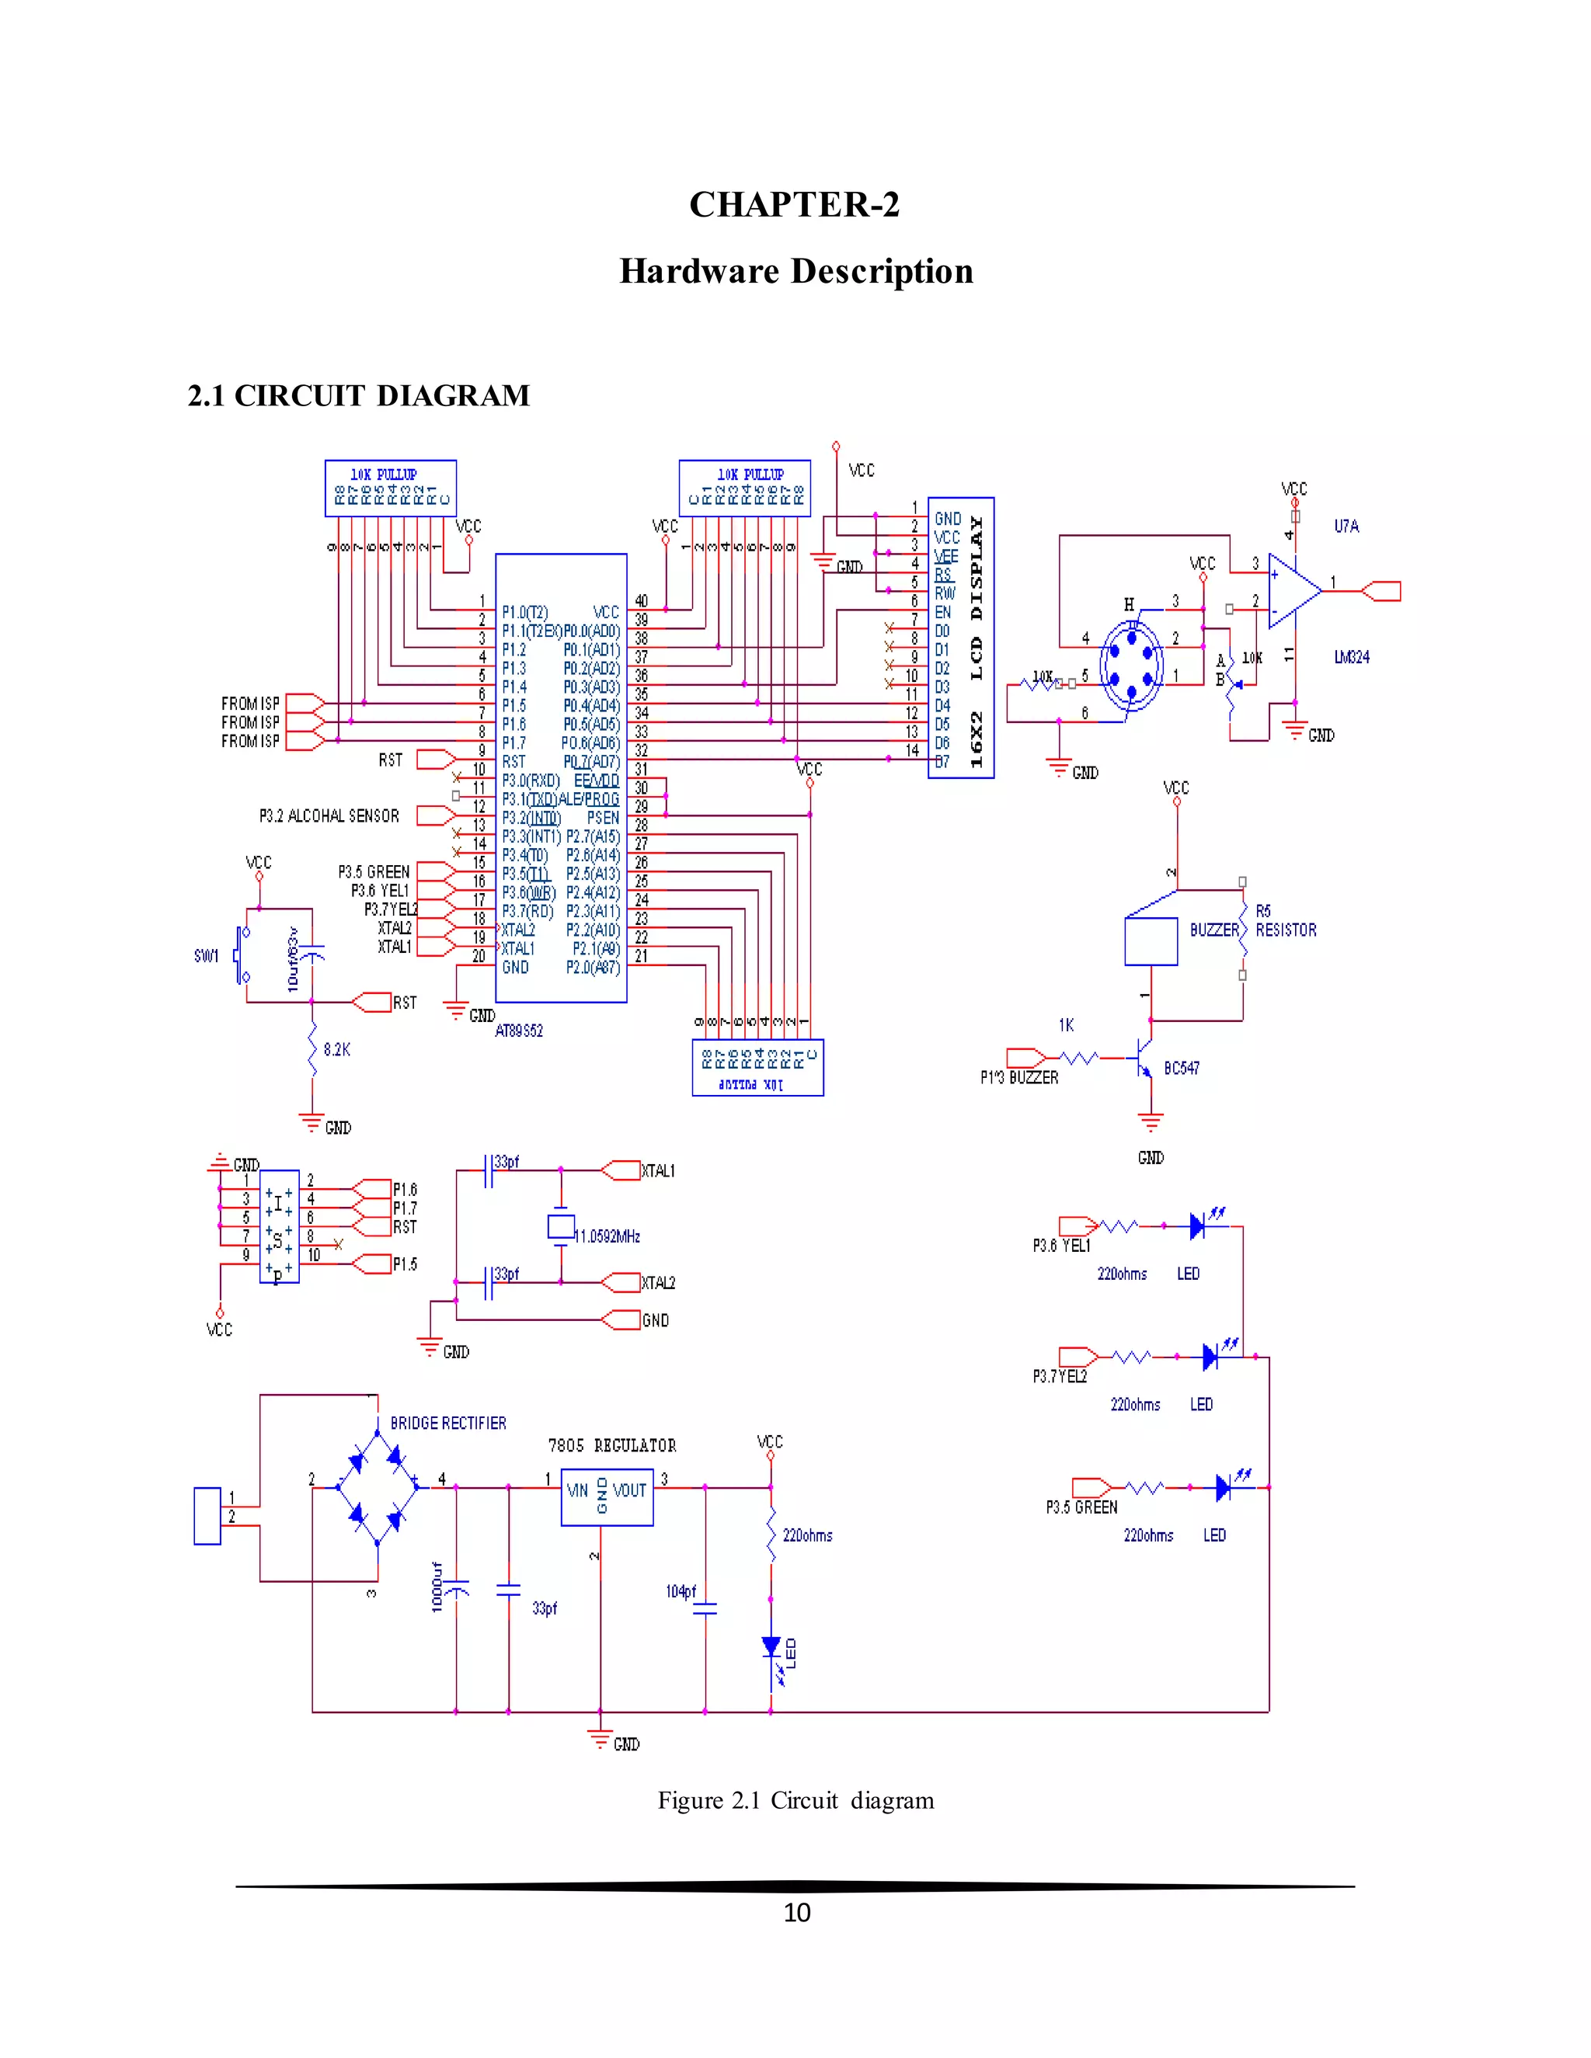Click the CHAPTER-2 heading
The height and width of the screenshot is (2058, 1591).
(x=794, y=204)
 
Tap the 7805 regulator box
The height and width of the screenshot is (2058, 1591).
(x=607, y=1497)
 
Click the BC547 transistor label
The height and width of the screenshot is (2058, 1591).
(x=1181, y=1068)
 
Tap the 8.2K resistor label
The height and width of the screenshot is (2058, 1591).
(x=336, y=1050)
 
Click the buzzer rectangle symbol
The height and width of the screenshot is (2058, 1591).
(x=1150, y=940)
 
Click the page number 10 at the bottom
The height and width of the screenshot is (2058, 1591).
(x=796, y=1912)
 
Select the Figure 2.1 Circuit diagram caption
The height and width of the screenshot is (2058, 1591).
(x=795, y=1800)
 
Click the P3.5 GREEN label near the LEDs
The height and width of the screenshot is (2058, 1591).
(x=1081, y=1507)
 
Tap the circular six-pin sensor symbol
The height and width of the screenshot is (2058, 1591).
(x=1132, y=664)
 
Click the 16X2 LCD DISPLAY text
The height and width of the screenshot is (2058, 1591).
(x=977, y=641)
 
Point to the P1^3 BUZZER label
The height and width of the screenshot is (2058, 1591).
(x=1019, y=1077)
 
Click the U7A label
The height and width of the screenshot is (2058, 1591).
(x=1346, y=526)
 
